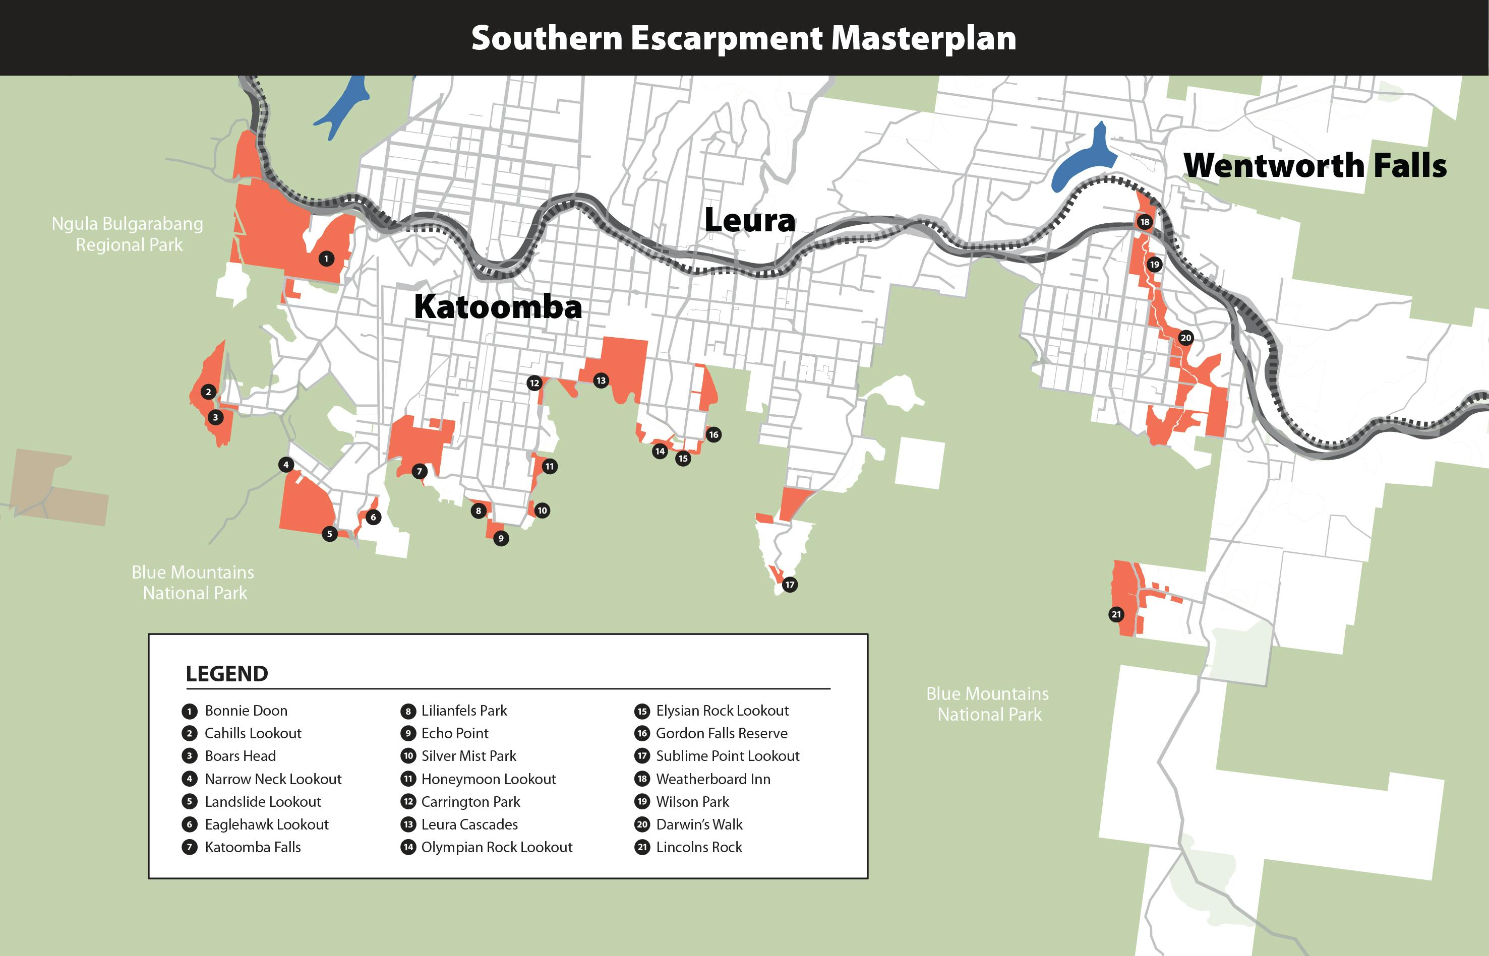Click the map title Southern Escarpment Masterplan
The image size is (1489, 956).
[743, 38]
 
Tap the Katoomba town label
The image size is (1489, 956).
[498, 307]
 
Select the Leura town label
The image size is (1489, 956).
[749, 220]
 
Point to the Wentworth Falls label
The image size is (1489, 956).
[1315, 165]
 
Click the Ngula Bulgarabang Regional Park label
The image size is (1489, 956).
[127, 234]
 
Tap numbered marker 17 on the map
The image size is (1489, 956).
[789, 584]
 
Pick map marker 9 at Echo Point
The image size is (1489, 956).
[501, 538]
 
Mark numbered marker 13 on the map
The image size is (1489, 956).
[601, 380]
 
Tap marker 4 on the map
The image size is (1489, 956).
[285, 464]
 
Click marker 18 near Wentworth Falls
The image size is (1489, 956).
[1145, 222]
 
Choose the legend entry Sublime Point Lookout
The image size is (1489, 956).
[727, 756]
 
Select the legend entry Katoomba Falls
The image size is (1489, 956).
[253, 847]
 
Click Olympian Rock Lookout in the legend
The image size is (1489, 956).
[496, 847]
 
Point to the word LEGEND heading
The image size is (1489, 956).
[226, 674]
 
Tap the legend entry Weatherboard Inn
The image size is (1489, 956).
[713, 779]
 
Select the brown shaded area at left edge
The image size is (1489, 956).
[59, 490]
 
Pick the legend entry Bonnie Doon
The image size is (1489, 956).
[246, 711]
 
